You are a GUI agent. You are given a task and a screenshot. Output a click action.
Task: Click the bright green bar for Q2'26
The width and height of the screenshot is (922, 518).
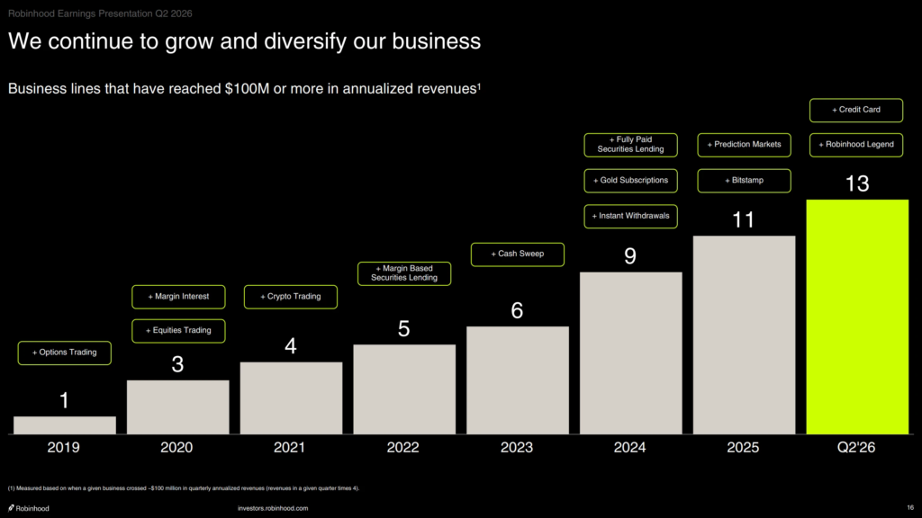(857, 317)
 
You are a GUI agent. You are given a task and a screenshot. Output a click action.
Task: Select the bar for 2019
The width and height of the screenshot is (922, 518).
(65, 425)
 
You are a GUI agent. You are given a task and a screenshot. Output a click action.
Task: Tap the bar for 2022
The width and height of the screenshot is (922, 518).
(404, 389)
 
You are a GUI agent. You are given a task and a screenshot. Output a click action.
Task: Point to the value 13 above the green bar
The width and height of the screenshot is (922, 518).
(857, 183)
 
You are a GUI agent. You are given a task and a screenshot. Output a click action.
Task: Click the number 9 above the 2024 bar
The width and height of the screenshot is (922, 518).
(630, 256)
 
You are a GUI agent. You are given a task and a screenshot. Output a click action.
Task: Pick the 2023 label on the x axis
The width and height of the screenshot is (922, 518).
(516, 448)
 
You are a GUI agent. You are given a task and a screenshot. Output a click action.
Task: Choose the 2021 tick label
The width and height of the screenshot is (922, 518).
(289, 448)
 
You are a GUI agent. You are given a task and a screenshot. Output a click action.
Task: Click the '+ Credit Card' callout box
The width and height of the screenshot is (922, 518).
(856, 111)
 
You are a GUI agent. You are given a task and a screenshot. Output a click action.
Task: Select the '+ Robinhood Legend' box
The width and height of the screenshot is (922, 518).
(856, 145)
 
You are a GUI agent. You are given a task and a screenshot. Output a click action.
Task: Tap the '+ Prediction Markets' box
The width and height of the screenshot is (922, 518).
(745, 145)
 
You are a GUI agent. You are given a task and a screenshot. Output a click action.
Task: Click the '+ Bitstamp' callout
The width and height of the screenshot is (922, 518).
(745, 181)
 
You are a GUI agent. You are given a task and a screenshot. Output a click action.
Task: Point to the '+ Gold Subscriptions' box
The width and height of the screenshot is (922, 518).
(631, 181)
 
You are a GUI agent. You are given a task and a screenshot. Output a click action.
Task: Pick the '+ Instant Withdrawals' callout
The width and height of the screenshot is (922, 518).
(631, 216)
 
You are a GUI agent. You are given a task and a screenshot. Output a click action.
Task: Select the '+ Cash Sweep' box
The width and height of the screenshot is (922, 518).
(518, 255)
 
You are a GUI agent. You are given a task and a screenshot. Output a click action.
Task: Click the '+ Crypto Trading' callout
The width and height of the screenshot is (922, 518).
(291, 297)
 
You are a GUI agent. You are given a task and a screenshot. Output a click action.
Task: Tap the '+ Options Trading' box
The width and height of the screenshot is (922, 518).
(65, 353)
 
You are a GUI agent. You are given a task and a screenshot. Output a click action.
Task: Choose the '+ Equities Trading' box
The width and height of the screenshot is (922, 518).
(179, 331)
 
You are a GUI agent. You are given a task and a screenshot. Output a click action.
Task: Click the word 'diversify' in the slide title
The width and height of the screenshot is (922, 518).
(305, 41)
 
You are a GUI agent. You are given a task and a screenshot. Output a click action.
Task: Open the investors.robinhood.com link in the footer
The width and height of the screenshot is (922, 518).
(273, 509)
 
